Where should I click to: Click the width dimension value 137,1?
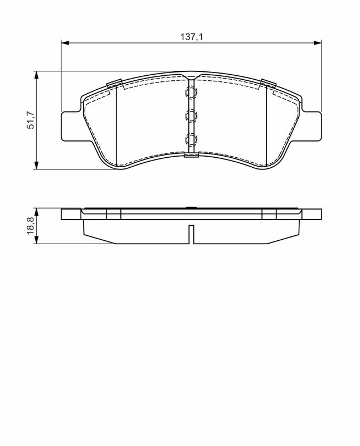pos(191,36)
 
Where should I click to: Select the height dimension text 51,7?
pos(31,120)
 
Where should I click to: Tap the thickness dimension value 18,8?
pos(31,226)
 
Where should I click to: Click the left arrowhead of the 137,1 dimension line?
pos(64,42)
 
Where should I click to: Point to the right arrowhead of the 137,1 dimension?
pos(318,42)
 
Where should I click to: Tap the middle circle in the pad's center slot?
pos(191,116)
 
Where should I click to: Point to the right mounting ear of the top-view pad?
pos(313,125)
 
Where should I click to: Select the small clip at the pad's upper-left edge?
pos(114,84)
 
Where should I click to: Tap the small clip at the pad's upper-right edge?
pos(268,84)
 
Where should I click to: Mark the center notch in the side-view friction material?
pos(191,234)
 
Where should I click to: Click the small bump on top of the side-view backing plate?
pos(191,209)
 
